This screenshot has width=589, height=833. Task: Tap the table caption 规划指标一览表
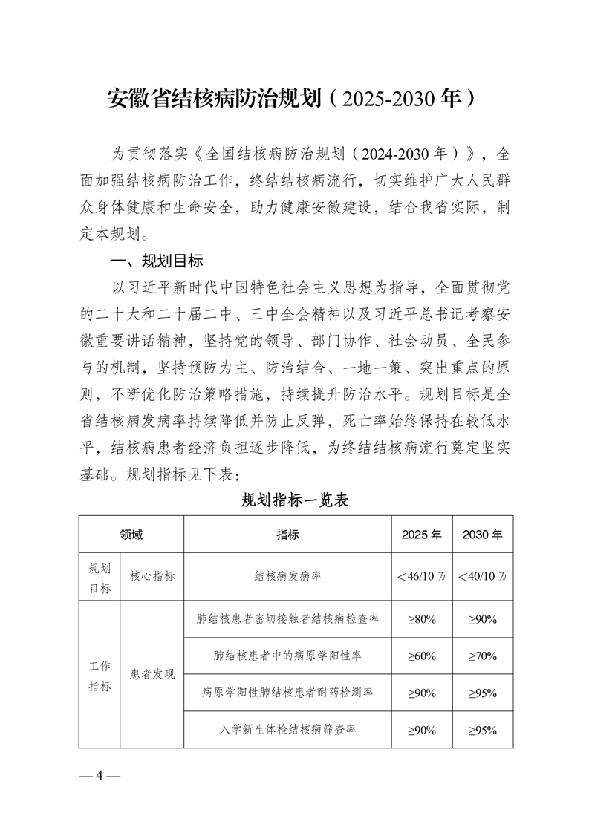coord(295,500)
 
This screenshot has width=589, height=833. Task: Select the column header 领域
coord(131,534)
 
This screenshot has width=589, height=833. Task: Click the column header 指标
coord(287,534)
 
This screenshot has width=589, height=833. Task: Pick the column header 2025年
coord(421,534)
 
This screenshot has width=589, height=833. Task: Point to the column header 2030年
coord(482,534)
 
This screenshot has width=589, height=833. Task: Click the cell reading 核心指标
coord(152,575)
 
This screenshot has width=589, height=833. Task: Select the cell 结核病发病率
coord(287,575)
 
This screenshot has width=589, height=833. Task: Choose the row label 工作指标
coord(100,674)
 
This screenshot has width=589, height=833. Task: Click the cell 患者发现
coord(152,674)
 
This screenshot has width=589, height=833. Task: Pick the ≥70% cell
coord(482,656)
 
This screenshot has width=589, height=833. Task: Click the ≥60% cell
coord(421,656)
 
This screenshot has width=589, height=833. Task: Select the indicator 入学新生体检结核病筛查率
coord(287,730)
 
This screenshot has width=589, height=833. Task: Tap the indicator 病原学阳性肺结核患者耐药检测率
coord(287,693)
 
